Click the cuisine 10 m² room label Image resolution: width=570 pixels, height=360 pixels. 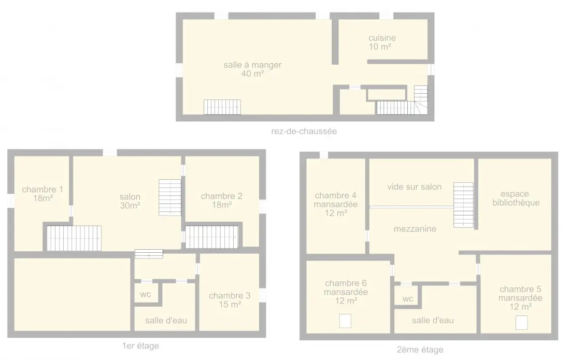pyautogui.click(x=382, y=42)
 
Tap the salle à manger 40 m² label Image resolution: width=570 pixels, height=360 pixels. pyautogui.click(x=252, y=69)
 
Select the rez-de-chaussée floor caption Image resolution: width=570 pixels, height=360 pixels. pyautogui.click(x=304, y=131)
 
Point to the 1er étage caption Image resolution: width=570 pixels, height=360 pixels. pyautogui.click(x=140, y=345)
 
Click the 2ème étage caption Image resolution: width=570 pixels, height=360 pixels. pyautogui.click(x=420, y=350)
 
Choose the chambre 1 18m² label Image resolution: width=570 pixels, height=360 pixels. pyautogui.click(x=42, y=194)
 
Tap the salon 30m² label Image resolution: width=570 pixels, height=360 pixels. pyautogui.click(x=130, y=201)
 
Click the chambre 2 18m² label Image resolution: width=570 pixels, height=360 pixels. pyautogui.click(x=221, y=200)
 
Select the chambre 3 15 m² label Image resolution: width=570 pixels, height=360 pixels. pyautogui.click(x=230, y=300)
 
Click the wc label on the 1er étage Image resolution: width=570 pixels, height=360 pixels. pyautogui.click(x=146, y=294)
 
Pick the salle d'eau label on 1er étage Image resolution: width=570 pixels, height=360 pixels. pyautogui.click(x=166, y=321)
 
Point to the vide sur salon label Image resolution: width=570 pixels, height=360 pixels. pyautogui.click(x=415, y=186)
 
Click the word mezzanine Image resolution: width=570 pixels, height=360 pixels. pyautogui.click(x=415, y=229)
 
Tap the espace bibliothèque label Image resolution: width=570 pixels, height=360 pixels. pyautogui.click(x=516, y=198)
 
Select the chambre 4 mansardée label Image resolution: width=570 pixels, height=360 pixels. pyautogui.click(x=336, y=204)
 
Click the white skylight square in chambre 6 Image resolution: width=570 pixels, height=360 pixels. pyautogui.click(x=345, y=321)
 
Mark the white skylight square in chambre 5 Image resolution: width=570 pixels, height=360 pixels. pyautogui.click(x=522, y=323)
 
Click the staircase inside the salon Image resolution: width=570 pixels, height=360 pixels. pyautogui.click(x=170, y=197)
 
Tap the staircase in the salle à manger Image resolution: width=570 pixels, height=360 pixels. pyautogui.click(x=222, y=107)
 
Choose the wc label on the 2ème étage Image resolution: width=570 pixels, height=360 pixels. pyautogui.click(x=408, y=299)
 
